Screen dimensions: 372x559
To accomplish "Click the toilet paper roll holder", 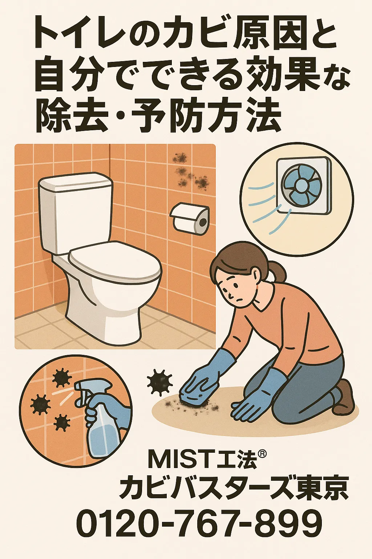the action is click(x=190, y=218).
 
